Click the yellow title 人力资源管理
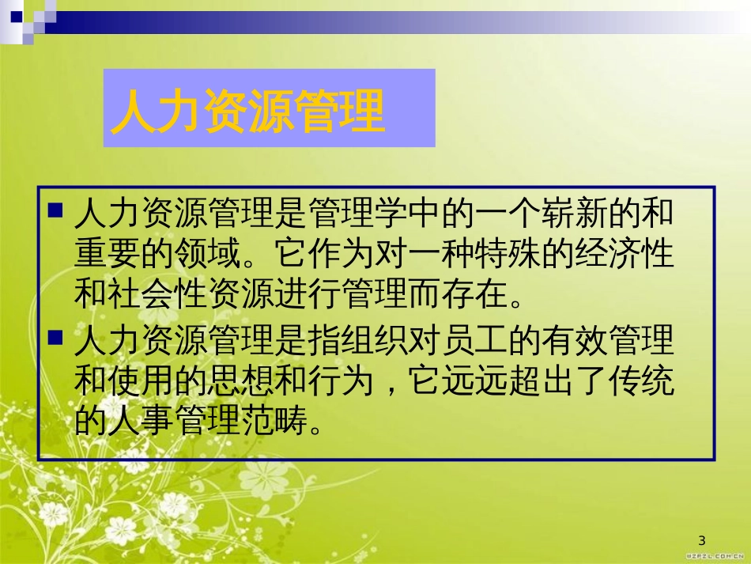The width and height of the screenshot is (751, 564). point(247,110)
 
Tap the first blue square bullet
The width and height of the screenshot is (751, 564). point(55,210)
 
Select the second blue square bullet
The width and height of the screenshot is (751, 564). point(55,339)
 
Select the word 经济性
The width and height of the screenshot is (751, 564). point(625,253)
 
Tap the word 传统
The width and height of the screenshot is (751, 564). point(641,381)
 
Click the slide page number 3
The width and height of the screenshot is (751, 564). point(702,540)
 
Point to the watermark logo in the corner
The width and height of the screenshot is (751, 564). point(715,556)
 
